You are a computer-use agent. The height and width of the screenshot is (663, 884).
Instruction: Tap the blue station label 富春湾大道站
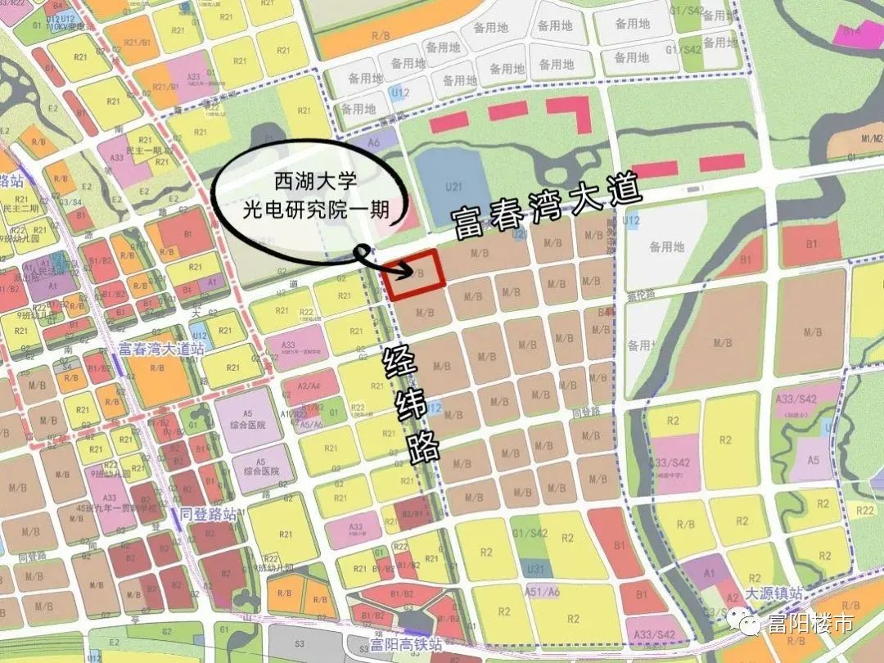pyautogui.click(x=160, y=350)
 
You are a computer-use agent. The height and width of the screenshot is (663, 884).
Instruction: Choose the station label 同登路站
pyautogui.click(x=208, y=515)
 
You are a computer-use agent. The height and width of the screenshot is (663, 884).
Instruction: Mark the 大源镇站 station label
pyautogui.click(x=774, y=594)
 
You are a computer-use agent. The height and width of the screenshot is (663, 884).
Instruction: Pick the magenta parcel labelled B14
pyautogui.click(x=851, y=32)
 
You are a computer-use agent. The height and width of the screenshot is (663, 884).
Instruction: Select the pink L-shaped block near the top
pyautogui.click(x=571, y=112)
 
